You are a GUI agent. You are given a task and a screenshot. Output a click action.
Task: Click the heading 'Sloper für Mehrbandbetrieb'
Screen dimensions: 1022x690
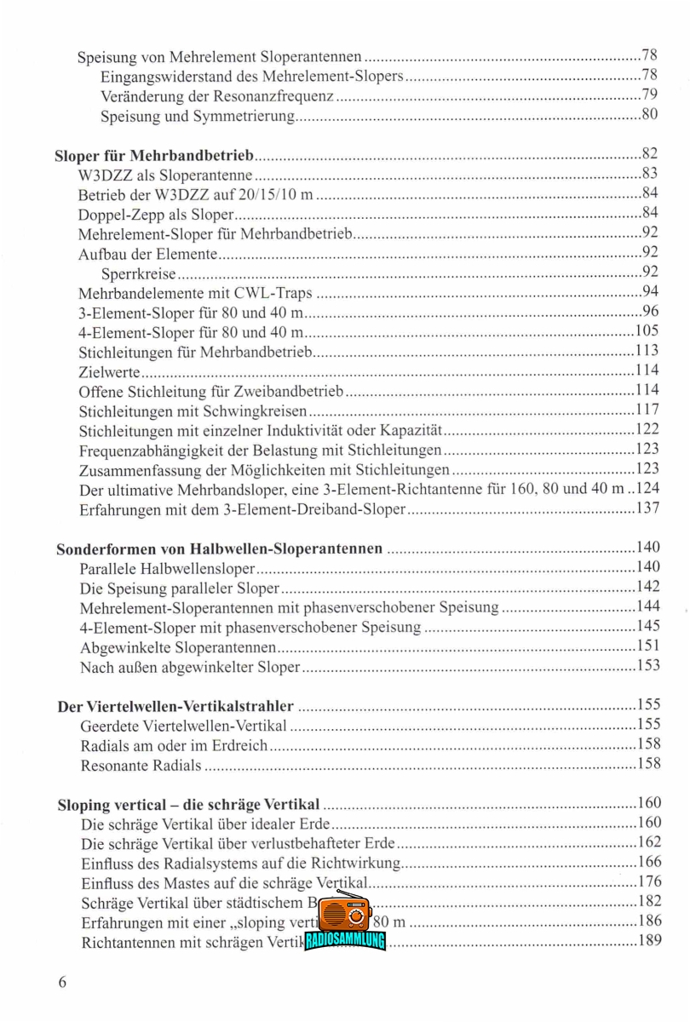click(154, 155)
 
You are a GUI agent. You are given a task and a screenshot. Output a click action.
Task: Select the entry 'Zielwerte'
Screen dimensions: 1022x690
click(109, 371)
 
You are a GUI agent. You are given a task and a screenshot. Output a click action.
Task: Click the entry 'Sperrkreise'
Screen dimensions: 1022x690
click(138, 273)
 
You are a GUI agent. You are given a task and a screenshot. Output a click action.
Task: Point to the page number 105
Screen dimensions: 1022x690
click(647, 331)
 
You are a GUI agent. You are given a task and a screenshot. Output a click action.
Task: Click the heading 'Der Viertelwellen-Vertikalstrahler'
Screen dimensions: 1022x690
click(175, 706)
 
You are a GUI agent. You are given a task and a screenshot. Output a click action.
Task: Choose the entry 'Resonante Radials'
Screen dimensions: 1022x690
click(141, 765)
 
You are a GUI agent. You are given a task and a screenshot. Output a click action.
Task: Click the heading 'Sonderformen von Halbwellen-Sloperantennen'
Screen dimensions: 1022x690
click(219, 548)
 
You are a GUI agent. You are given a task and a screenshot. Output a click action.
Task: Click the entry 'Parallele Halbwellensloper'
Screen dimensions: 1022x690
click(167, 568)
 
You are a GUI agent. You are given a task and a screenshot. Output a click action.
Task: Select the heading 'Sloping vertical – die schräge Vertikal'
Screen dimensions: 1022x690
click(188, 804)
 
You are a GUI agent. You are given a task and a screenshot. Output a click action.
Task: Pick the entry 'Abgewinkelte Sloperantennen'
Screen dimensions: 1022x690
click(177, 647)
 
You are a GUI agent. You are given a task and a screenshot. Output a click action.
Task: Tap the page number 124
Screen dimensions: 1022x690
click(648, 489)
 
